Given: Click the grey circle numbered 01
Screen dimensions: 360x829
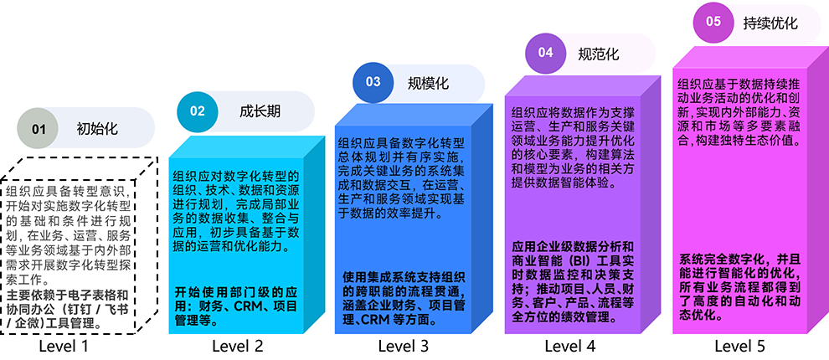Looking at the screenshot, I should tap(39, 129).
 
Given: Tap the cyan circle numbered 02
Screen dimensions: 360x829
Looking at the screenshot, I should tap(197, 110).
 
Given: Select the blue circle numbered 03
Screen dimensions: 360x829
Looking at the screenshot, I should tap(373, 82).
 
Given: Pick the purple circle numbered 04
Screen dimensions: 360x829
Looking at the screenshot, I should tap(545, 53).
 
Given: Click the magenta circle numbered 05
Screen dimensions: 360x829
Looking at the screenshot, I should tap(713, 23).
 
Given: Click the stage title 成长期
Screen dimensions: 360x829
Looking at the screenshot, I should tap(260, 110).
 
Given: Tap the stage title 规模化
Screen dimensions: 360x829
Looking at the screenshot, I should tap(428, 83).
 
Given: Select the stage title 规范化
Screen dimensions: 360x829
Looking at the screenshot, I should tap(599, 54).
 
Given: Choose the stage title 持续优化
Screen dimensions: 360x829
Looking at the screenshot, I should tap(771, 23).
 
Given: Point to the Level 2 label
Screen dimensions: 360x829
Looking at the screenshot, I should tap(237, 345).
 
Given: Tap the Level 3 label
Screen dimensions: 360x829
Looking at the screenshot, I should tap(403, 345).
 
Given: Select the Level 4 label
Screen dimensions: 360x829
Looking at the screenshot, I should tap(570, 345).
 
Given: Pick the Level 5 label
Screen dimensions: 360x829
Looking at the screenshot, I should tap(739, 345).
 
